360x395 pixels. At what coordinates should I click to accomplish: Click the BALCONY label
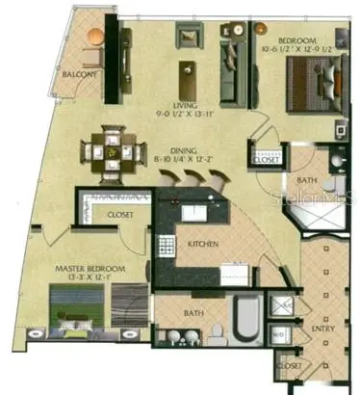[79, 73]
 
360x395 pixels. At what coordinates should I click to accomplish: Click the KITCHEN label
[202, 245]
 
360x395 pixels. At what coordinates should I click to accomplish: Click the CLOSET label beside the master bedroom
[120, 214]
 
